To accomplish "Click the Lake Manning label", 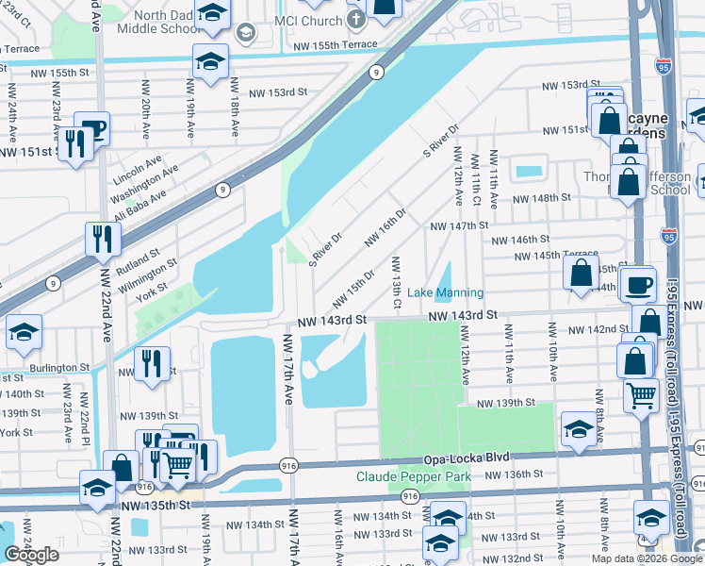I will (x=446, y=293).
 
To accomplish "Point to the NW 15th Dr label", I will (x=354, y=289).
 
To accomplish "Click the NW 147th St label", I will (x=459, y=226).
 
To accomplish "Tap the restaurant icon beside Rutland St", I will (x=99, y=241).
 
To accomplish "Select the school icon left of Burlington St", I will (x=24, y=333).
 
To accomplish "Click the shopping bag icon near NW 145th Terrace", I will (x=582, y=274).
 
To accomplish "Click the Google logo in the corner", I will (x=31, y=555).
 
